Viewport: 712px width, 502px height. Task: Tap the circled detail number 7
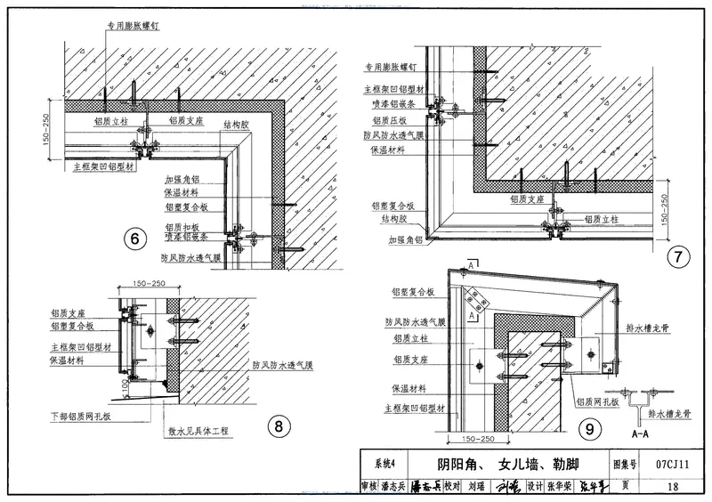click(679, 258)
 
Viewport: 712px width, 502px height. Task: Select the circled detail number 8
click(279, 427)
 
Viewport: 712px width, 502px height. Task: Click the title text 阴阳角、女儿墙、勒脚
click(508, 464)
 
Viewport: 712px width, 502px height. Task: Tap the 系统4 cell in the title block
click(384, 464)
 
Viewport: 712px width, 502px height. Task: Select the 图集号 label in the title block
click(627, 464)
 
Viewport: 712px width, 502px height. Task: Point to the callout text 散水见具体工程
click(198, 432)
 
